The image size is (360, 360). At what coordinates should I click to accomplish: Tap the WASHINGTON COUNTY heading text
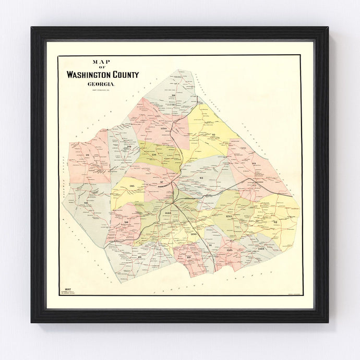102,75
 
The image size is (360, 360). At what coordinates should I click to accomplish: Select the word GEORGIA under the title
102,85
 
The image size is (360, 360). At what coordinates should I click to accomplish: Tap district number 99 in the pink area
87,155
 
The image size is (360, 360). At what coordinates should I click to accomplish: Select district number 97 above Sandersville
162,182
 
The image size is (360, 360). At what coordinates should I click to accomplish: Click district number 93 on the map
200,178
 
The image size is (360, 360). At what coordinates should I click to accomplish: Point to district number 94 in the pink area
254,163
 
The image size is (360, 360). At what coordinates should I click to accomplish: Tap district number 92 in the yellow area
275,222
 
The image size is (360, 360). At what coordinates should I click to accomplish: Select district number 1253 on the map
228,215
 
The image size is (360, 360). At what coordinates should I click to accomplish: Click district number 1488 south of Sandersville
167,213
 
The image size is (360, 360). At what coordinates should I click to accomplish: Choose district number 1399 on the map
194,234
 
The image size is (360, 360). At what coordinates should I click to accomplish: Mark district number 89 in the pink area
188,257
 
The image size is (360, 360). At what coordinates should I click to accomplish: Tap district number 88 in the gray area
140,257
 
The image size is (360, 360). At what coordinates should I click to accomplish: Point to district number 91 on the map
210,245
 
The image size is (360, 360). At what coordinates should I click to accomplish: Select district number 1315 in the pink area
230,250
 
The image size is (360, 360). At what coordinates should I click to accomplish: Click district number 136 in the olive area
153,155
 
